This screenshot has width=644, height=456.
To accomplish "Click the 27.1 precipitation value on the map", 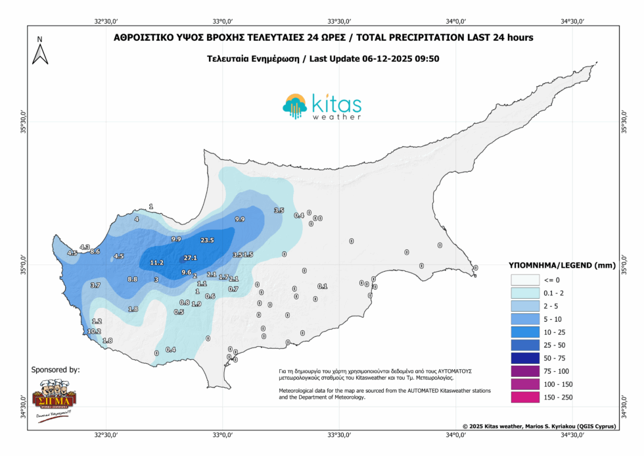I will click(x=191, y=257).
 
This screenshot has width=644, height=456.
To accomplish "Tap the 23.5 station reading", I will click(x=208, y=240).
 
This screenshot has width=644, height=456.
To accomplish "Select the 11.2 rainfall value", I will click(x=157, y=263).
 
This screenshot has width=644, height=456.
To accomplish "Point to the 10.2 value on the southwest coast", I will click(x=94, y=332).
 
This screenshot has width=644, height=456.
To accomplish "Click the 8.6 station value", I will click(x=95, y=252).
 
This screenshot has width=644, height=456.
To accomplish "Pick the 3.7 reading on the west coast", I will click(x=95, y=286).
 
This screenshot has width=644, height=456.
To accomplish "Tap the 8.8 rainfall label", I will click(x=133, y=280).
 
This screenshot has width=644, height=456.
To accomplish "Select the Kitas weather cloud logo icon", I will click(x=295, y=105).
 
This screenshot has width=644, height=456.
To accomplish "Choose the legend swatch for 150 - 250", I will click(x=524, y=397).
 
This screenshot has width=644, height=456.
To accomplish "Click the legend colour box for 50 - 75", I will click(x=524, y=358).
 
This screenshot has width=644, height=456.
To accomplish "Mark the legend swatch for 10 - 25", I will click(x=524, y=332).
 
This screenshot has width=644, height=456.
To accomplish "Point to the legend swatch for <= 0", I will click(x=524, y=280).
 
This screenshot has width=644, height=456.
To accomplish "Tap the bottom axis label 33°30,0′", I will click(x=339, y=435).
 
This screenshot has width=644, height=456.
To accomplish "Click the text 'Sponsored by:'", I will click(x=56, y=370).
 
